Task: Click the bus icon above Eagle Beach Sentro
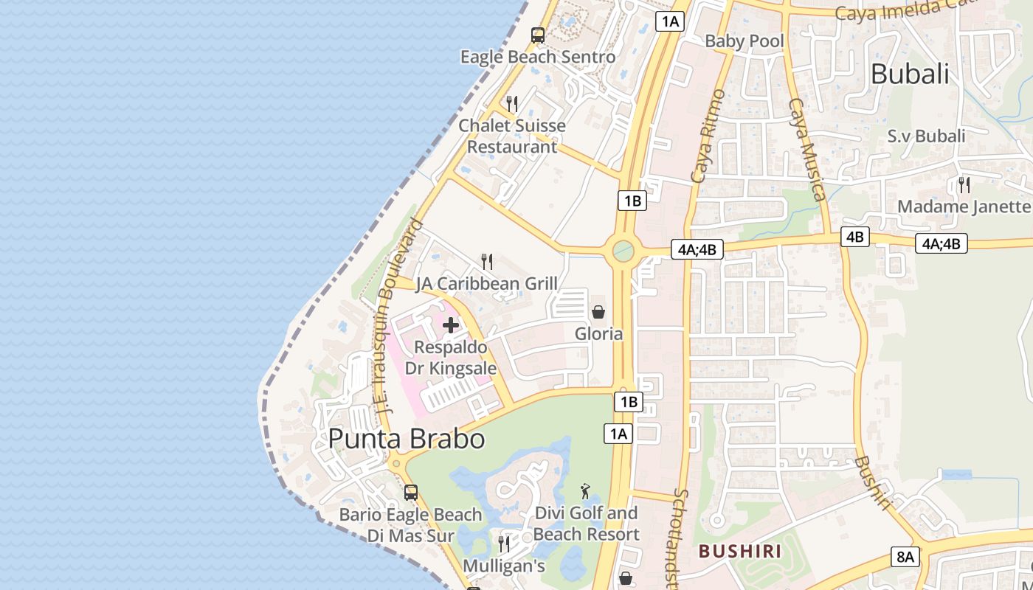(538, 35)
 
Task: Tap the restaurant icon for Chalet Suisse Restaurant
(512, 103)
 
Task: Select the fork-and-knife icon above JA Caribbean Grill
(487, 262)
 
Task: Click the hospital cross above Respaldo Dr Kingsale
(451, 325)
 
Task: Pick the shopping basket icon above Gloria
(598, 312)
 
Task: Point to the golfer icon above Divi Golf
(586, 490)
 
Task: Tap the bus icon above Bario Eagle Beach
(411, 492)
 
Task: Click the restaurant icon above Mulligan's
(504, 544)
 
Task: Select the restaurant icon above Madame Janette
(964, 184)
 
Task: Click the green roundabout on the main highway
(623, 251)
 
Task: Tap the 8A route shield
(905, 557)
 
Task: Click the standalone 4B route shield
(854, 237)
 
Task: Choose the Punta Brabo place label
(407, 439)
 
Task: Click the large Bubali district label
(910, 74)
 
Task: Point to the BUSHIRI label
(740, 551)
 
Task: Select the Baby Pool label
(744, 41)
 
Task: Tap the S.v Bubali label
(926, 136)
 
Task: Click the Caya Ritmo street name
(709, 136)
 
